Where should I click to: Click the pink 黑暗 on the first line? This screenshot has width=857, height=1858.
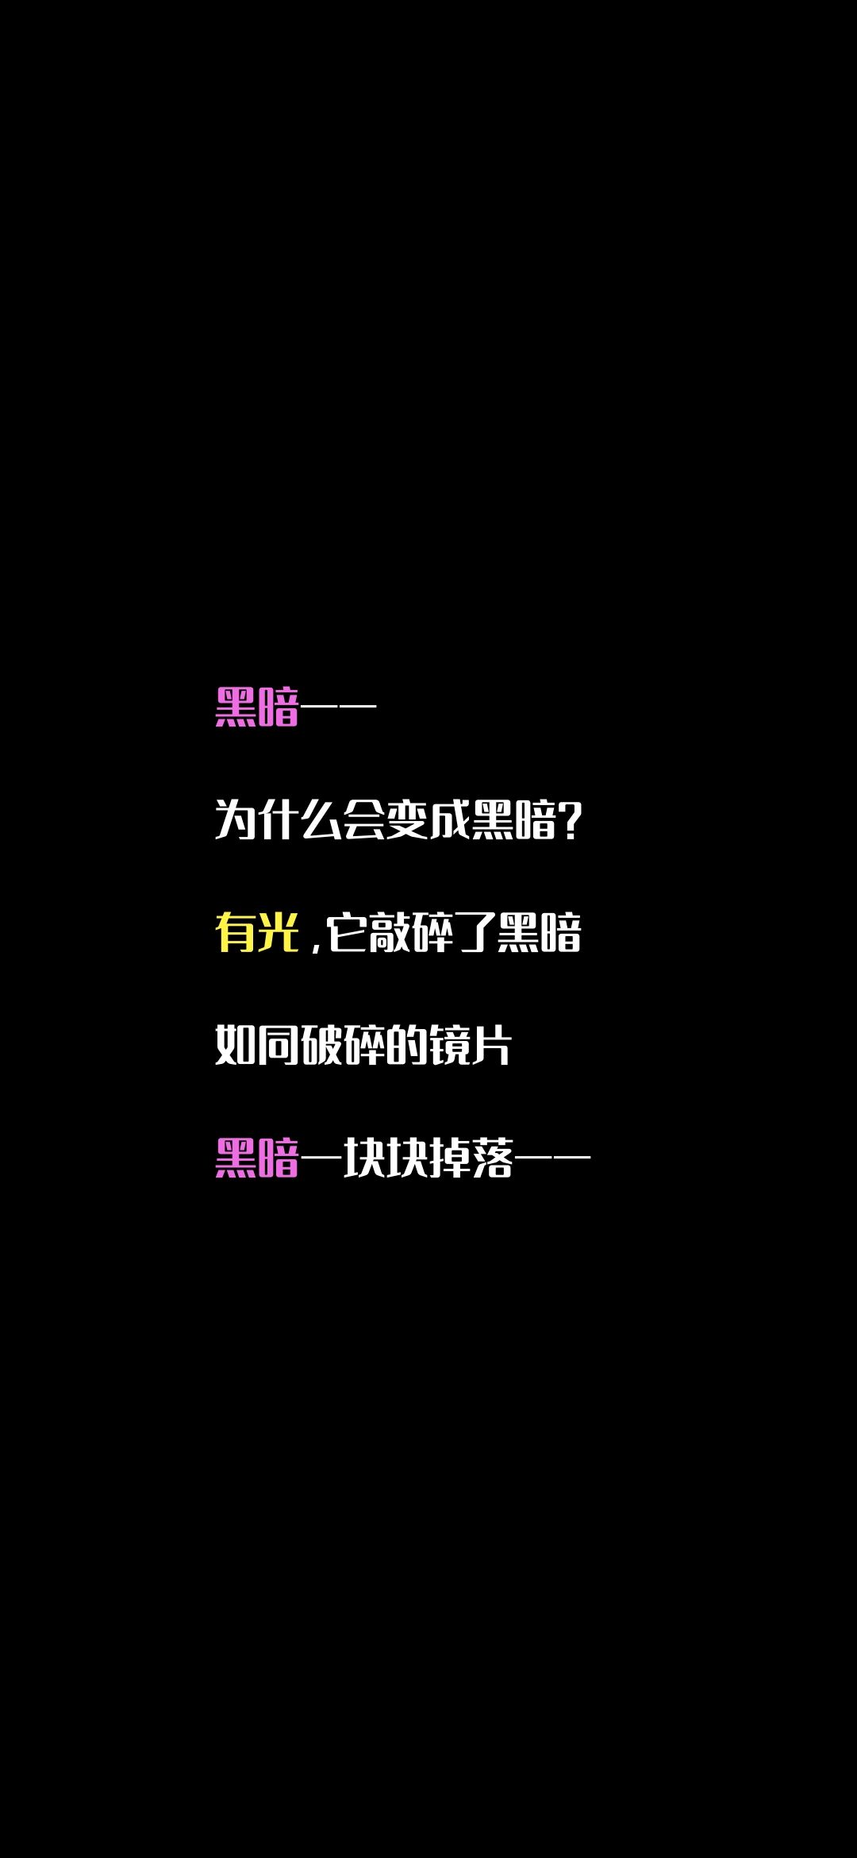click(x=257, y=707)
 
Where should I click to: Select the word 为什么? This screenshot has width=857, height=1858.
click(x=279, y=819)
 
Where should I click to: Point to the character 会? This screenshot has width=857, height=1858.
click(x=363, y=819)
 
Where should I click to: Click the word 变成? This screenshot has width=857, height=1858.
click(x=428, y=819)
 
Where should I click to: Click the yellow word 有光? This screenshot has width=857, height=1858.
click(x=257, y=932)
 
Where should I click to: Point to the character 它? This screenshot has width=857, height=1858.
click(x=347, y=932)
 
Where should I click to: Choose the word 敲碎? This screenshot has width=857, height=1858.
click(x=411, y=932)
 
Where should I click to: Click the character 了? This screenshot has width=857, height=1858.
click(x=475, y=932)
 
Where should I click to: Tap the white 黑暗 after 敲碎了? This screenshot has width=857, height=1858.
click(x=539, y=932)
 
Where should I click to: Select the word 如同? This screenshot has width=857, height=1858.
click(x=257, y=1045)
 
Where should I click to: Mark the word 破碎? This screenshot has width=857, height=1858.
click(x=342, y=1045)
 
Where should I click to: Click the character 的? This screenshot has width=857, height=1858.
click(x=406, y=1045)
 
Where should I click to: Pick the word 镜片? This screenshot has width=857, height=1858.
click(x=470, y=1045)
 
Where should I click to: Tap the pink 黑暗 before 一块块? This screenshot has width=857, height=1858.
click(x=257, y=1158)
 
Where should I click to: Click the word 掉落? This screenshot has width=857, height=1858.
click(x=471, y=1158)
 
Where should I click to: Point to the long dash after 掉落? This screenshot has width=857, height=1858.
click(x=553, y=1157)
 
